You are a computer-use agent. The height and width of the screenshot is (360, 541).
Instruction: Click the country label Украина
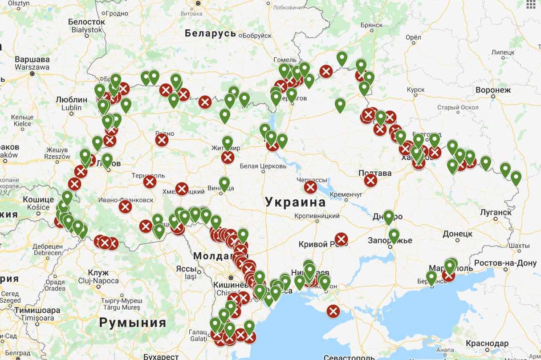point(296,202)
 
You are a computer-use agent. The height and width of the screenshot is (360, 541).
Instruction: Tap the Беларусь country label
point(210,33)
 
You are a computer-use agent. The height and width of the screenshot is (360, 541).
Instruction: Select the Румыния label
point(133,323)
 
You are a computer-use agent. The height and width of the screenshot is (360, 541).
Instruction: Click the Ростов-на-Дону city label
point(505,263)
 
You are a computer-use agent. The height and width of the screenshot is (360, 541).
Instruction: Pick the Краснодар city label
point(487,343)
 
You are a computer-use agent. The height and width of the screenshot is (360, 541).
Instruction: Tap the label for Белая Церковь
point(263,166)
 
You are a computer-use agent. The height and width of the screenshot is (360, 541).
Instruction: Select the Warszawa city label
point(32,67)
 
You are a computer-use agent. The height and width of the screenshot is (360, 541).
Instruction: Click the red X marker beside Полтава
point(370,181)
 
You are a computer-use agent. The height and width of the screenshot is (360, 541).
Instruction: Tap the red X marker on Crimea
point(333,311)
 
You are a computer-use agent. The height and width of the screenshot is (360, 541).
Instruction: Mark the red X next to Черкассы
point(310,187)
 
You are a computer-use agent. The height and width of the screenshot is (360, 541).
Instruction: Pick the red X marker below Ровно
point(162,141)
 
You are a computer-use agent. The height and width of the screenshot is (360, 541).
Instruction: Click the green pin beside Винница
point(224,183)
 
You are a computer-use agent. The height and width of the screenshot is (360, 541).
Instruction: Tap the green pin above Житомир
point(228,142)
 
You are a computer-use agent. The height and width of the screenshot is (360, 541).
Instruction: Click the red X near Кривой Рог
point(341,239)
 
